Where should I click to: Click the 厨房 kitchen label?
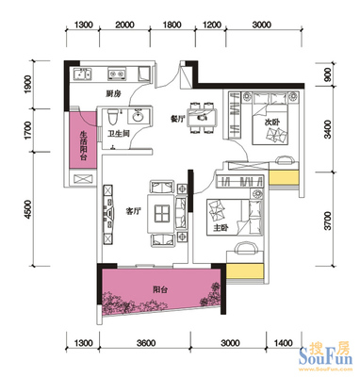click(x=113, y=93)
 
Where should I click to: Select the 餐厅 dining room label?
click(x=177, y=119)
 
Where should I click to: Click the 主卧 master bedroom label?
click(x=221, y=228)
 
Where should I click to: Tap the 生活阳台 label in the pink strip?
click(x=83, y=145)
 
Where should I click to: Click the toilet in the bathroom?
click(x=112, y=117)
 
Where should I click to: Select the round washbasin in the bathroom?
click(x=138, y=117)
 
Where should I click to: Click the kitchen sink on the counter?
click(x=82, y=74)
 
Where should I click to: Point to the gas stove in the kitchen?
click(x=117, y=74)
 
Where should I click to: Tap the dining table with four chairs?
click(x=202, y=117)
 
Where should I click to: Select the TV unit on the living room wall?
click(x=107, y=214)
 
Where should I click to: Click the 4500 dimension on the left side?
click(x=29, y=208)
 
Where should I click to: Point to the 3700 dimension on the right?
click(x=328, y=221)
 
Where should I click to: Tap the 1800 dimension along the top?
click(x=172, y=25)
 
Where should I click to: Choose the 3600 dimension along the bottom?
click(x=146, y=342)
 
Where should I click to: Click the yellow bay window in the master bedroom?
click(x=244, y=271)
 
